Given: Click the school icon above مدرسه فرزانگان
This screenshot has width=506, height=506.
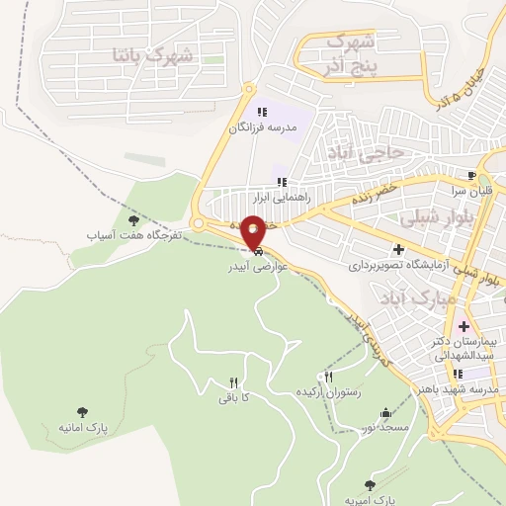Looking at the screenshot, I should pos(262,113).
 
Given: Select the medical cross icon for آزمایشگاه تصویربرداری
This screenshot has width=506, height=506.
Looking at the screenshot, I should pos(398,250).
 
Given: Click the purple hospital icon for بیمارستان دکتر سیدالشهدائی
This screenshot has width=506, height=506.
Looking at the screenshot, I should pos(463,326).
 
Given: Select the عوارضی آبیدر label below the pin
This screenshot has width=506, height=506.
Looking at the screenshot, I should pos(255,267).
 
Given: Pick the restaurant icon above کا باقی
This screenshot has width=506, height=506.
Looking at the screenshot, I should pos(234,382).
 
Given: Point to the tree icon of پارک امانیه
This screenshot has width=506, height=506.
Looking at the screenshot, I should pos(82,413).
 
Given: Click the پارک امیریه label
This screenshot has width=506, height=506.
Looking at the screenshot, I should pos(379,500).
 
